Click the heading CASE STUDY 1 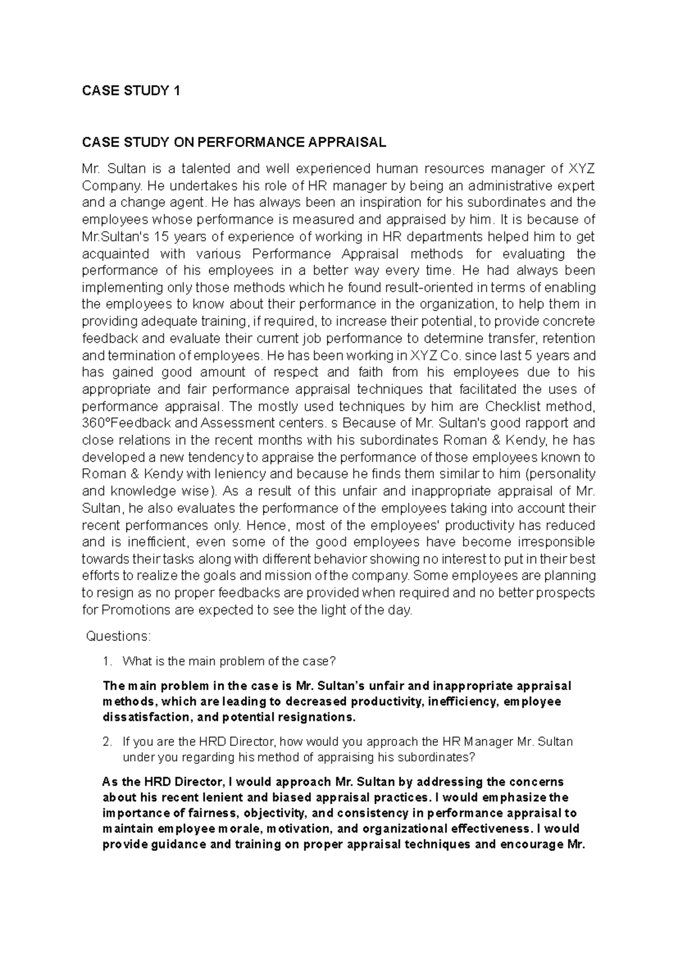click(x=131, y=91)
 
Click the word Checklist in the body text click(x=511, y=406)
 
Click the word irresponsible click(x=556, y=542)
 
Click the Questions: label click(x=118, y=637)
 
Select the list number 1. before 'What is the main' click(x=109, y=661)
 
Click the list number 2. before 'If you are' click(x=109, y=741)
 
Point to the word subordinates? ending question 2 click(x=434, y=757)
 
